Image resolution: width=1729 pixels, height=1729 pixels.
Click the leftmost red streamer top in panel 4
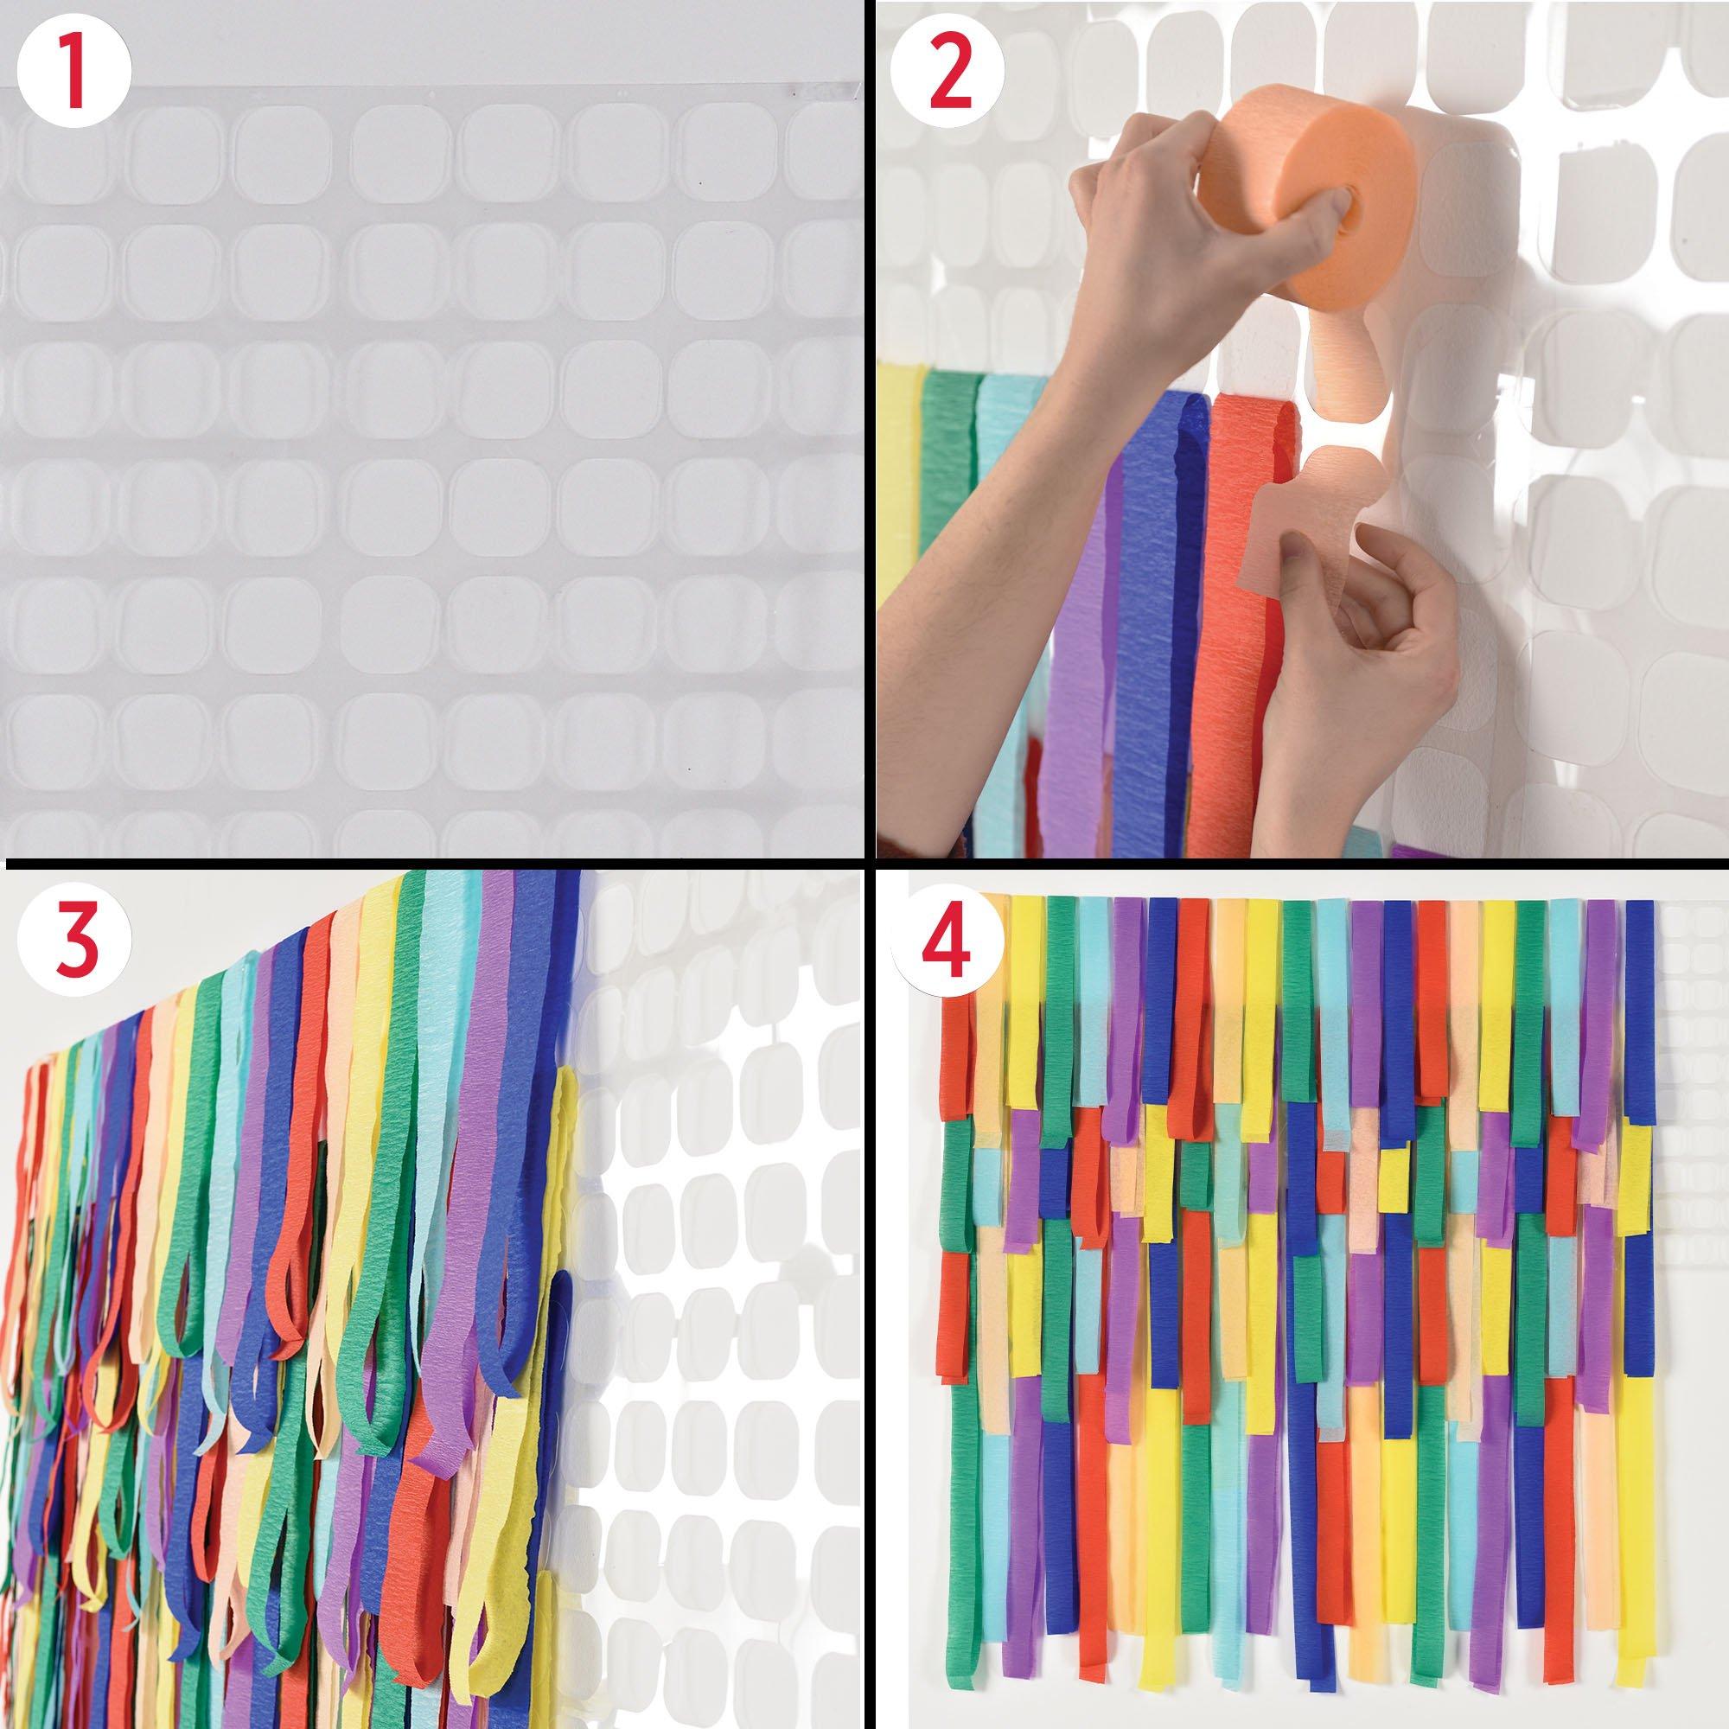(x=956, y=1074)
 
